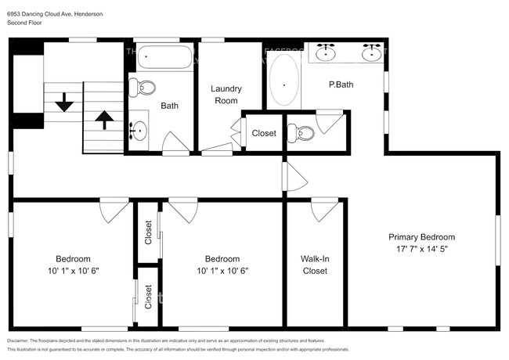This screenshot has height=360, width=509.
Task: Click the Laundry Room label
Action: point(226,95)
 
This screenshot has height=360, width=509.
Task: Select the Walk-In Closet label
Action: point(314,265)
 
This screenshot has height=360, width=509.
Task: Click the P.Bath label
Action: point(338,85)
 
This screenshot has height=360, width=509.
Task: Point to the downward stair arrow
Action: point(63,102)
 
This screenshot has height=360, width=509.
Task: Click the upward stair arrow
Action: point(103,119)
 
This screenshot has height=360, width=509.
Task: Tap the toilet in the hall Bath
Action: point(142,87)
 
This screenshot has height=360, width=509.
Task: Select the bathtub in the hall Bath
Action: point(165,57)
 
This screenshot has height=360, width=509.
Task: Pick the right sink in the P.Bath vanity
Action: point(372,53)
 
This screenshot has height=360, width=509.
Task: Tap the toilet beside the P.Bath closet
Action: point(300,134)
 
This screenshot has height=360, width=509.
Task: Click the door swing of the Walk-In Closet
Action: point(323,210)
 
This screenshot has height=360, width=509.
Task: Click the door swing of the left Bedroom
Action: point(114,211)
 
